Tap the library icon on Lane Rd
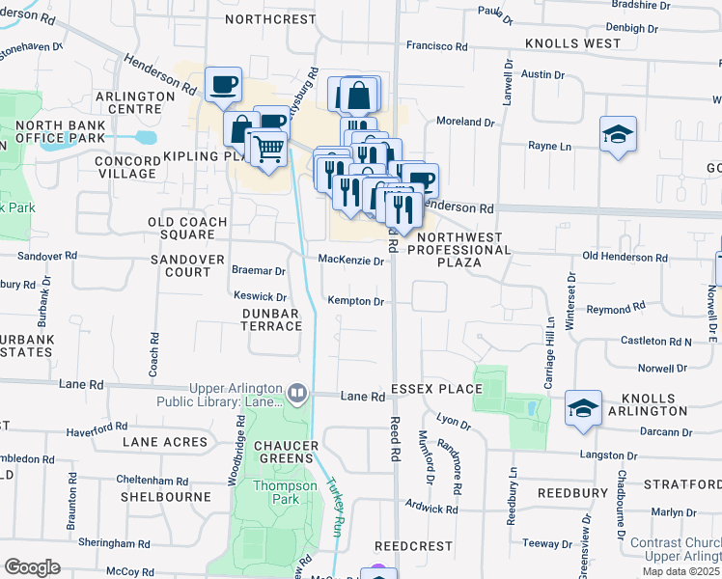(297, 393)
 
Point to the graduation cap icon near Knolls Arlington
(583, 408)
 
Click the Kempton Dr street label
(356, 302)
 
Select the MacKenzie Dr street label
(351, 261)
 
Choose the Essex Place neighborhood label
(436, 389)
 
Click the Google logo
(32, 567)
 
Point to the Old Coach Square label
(187, 229)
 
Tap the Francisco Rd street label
(436, 45)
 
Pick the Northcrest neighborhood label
(270, 19)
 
